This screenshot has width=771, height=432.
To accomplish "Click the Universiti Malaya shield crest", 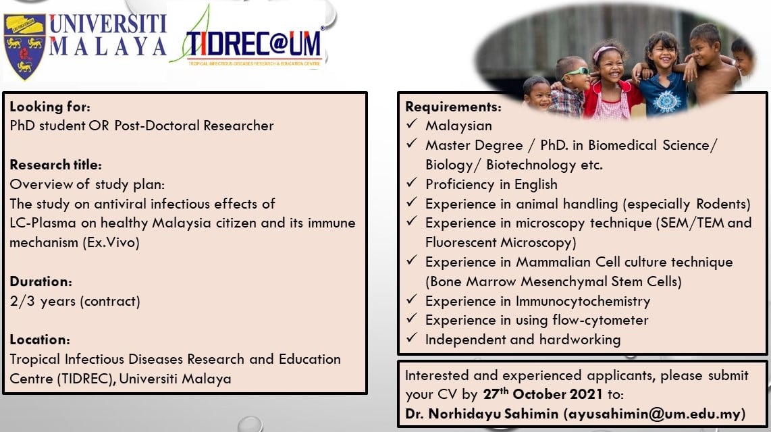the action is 24,47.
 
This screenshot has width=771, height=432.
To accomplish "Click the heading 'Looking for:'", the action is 50,107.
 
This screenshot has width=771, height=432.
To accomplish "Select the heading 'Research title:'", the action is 55,165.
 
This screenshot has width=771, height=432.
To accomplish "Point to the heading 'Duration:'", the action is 41,281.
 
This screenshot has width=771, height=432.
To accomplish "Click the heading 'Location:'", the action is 40,340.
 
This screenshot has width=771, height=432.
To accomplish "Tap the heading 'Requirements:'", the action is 454,107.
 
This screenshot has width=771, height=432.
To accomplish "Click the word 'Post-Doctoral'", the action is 157,126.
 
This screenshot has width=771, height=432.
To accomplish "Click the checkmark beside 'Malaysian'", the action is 412,124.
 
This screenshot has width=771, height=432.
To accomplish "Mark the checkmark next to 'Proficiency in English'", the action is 412,183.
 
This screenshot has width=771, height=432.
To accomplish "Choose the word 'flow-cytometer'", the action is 600,320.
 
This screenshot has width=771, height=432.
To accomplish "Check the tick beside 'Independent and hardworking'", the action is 412,338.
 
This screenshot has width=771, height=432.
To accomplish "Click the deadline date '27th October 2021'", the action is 543,394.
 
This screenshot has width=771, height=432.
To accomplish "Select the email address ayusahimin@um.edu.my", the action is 654,414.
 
